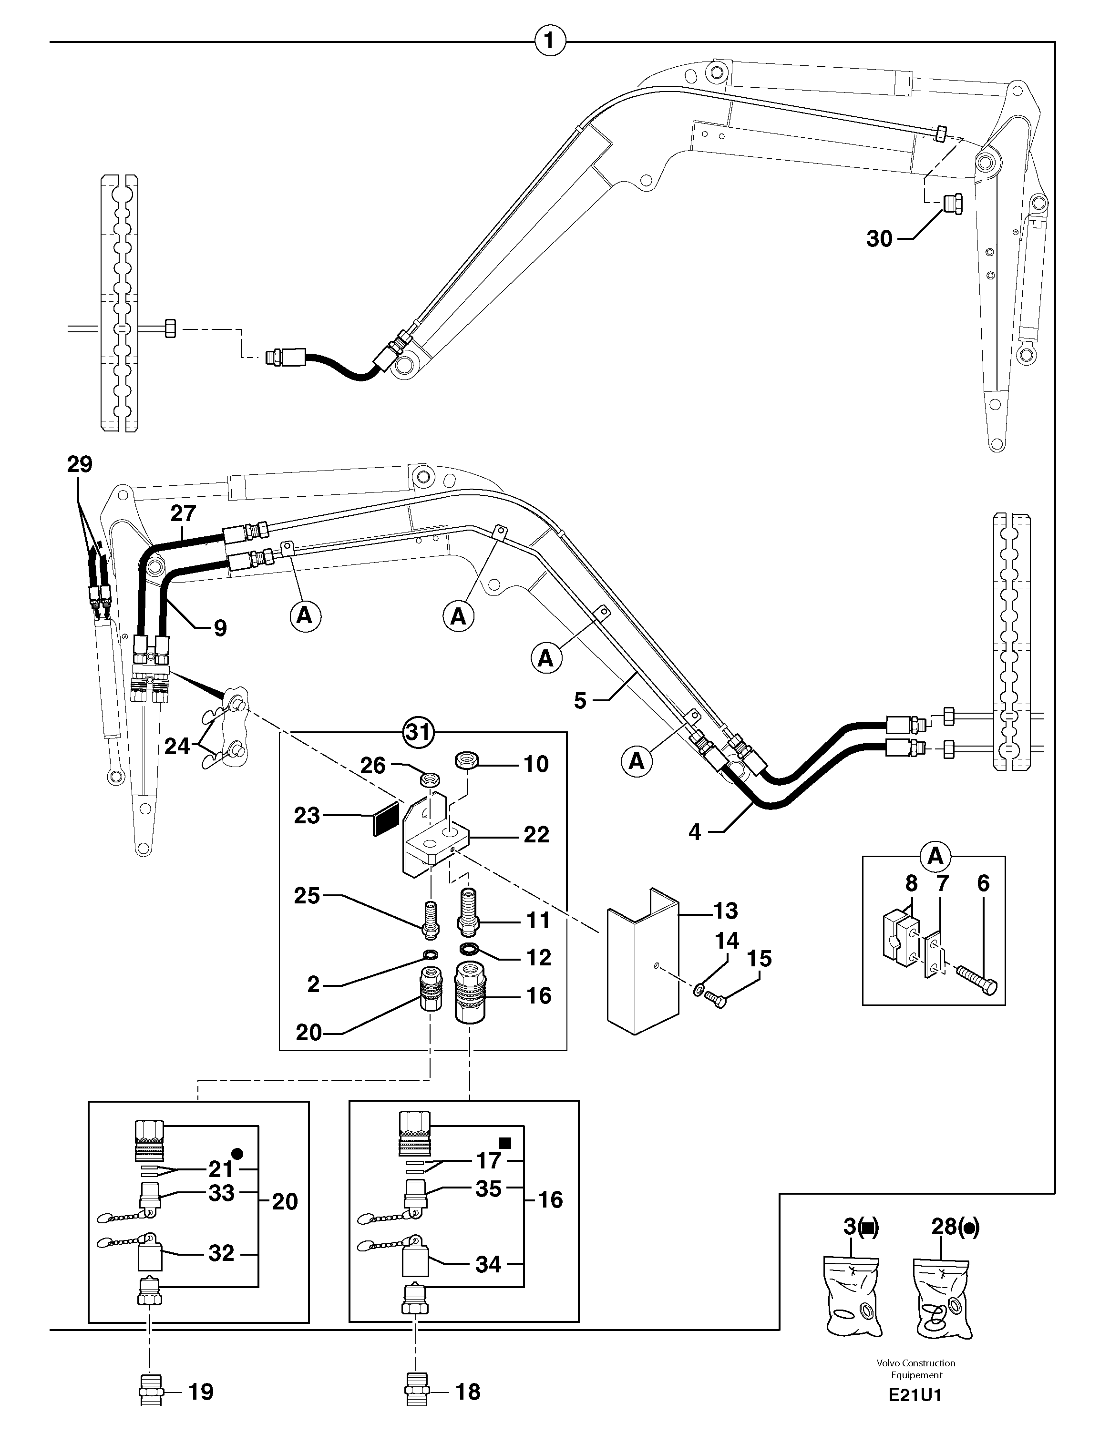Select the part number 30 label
879,239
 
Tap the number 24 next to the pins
176,747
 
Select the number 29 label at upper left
79,464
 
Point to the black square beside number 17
505,1142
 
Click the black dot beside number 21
238,1153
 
